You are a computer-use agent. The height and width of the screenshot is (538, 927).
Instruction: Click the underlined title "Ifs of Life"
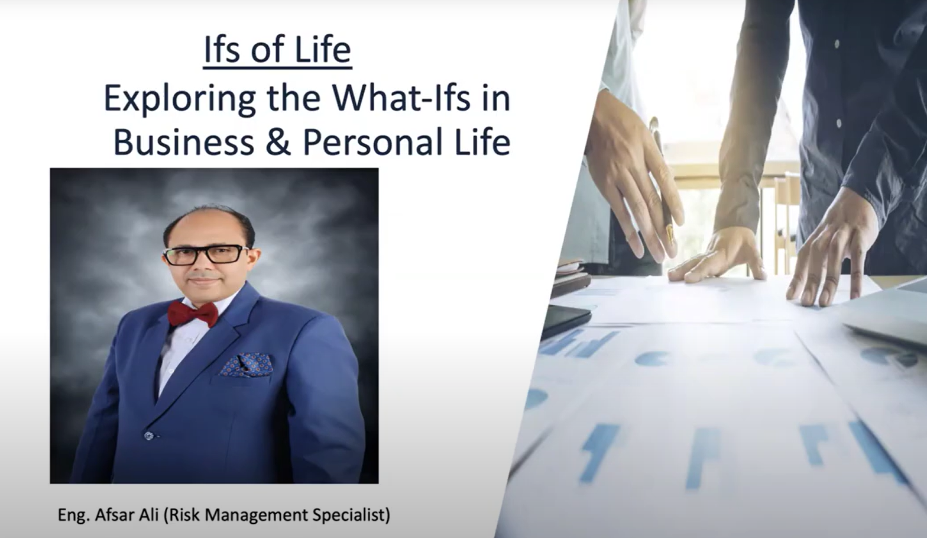coord(277,50)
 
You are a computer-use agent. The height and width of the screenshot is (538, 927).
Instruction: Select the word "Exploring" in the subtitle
coord(179,100)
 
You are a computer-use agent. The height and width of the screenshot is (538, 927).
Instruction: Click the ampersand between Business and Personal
coord(278,143)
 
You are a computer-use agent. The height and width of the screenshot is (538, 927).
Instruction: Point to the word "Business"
coord(184,143)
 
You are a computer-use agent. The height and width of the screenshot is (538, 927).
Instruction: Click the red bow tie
coord(193,314)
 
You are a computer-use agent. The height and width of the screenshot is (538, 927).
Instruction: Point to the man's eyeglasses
coord(206,254)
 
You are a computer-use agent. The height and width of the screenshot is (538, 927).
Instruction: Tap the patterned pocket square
coord(246,365)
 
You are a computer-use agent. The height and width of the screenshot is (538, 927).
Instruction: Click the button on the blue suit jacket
coord(148,435)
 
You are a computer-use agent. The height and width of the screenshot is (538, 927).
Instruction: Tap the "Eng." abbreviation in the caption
coord(74,516)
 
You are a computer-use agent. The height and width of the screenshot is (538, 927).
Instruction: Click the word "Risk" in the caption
coord(183,515)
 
